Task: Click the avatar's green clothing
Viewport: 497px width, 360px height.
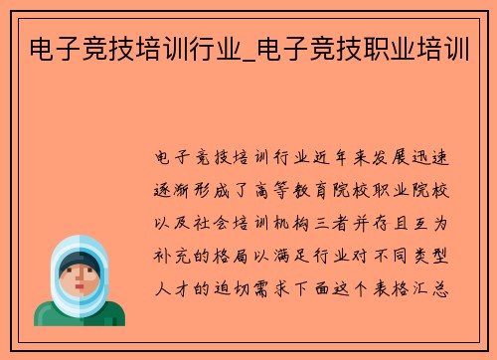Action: click(x=80, y=313)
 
